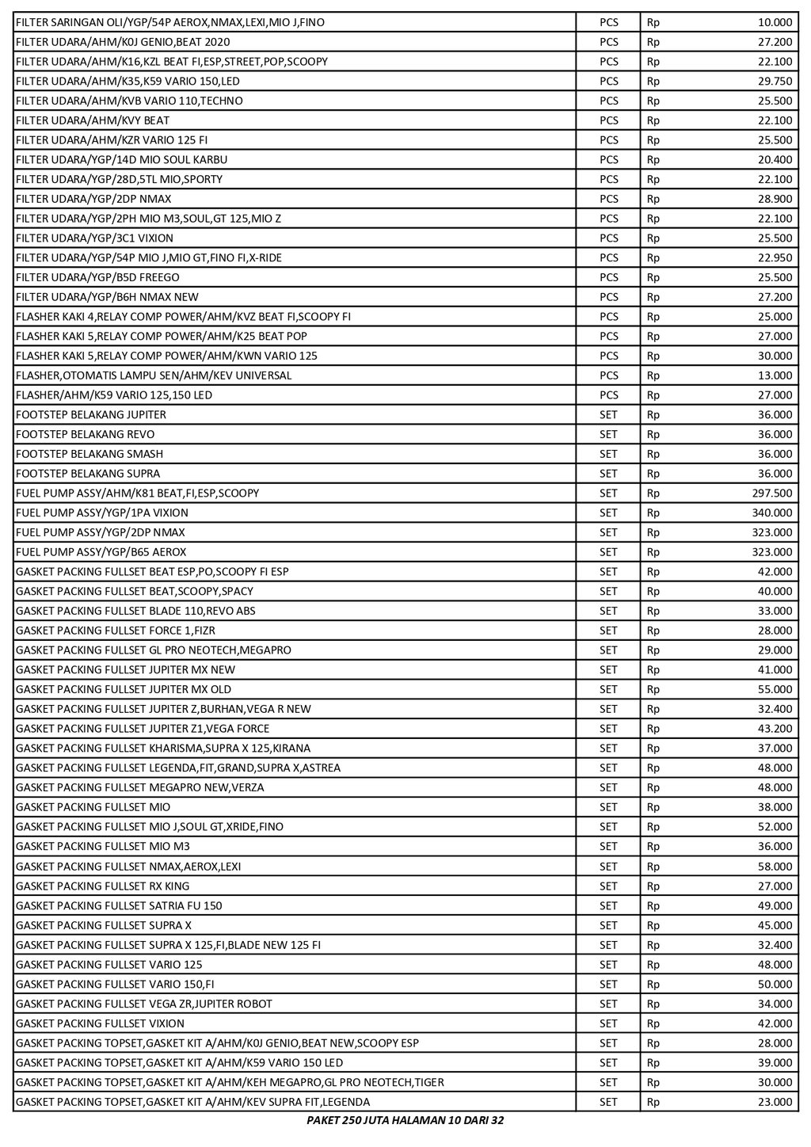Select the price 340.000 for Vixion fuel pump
pyautogui.click(x=771, y=513)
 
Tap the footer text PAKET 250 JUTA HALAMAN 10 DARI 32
pyautogui.click(x=405, y=1121)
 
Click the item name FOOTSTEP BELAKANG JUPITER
pyautogui.click(x=91, y=415)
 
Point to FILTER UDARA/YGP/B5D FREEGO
pyautogui.click(x=97, y=277)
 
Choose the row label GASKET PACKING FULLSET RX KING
pyautogui.click(x=102, y=886)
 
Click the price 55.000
pyautogui.click(x=775, y=689)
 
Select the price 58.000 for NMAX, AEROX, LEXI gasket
pyautogui.click(x=775, y=867)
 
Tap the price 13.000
pyautogui.click(x=775, y=375)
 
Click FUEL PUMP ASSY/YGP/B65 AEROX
pyautogui.click(x=101, y=552)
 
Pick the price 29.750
pyautogui.click(x=775, y=82)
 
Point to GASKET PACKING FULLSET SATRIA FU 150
pyautogui.click(x=119, y=905)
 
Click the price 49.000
pyautogui.click(x=775, y=905)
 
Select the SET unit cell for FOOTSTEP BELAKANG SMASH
pyautogui.click(x=608, y=454)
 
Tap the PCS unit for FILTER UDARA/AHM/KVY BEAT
pyautogui.click(x=608, y=120)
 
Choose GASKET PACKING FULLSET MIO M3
pyautogui.click(x=102, y=847)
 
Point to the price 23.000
pyautogui.click(x=775, y=1102)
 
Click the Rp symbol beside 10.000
pyautogui.click(x=653, y=22)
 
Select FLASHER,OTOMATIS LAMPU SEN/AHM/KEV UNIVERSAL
pyautogui.click(x=154, y=375)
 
